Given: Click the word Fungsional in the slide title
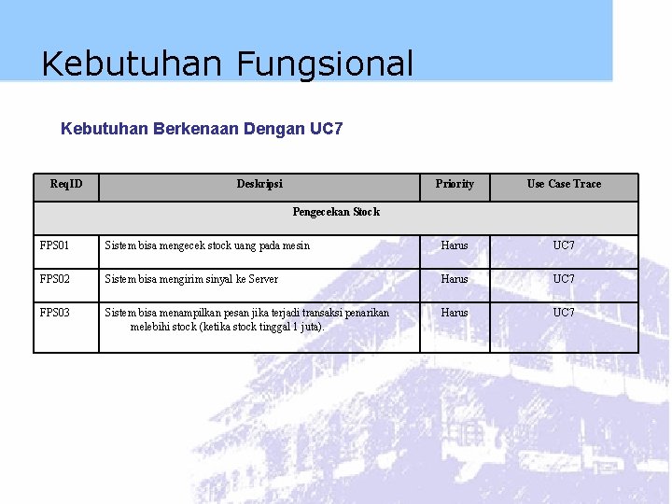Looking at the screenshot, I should [x=324, y=64].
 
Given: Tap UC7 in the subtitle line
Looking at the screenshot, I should [x=326, y=129].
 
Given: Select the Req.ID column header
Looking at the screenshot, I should [x=66, y=184].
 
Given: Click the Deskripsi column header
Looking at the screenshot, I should [x=259, y=184].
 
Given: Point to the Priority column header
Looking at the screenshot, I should [x=455, y=184].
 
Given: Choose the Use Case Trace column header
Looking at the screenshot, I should [x=564, y=184].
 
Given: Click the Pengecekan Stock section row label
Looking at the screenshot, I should [x=336, y=212].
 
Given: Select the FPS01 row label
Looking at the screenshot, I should [x=55, y=245].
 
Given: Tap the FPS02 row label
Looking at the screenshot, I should [x=55, y=279].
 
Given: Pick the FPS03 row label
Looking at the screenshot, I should [x=55, y=313].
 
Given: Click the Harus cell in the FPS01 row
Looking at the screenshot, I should [x=455, y=245].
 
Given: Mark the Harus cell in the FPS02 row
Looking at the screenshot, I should [x=455, y=279].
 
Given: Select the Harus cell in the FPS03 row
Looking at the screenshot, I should [x=455, y=313].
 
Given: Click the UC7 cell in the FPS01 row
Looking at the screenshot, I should [x=564, y=245].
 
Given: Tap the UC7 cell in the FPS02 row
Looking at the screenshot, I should [x=564, y=279].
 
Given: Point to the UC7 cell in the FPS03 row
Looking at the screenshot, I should [x=564, y=313].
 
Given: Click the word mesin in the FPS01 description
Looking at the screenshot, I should [x=295, y=245].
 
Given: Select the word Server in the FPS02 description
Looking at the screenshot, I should [x=262, y=279].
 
